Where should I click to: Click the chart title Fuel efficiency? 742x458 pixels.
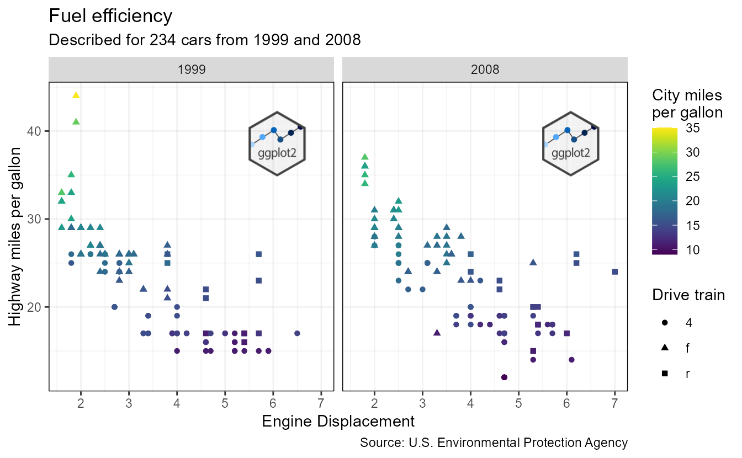(110, 16)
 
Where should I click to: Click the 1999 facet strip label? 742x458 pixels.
(192, 70)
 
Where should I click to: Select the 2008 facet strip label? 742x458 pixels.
(485, 70)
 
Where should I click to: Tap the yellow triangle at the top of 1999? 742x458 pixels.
(76, 95)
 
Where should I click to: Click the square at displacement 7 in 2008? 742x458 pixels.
(614, 271)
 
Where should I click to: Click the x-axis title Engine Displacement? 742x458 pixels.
(338, 422)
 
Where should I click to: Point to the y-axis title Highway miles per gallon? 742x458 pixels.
(17, 236)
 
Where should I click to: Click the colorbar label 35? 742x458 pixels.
(693, 128)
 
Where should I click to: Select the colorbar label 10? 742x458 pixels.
(693, 250)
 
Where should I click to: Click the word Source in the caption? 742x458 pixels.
(377, 443)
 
